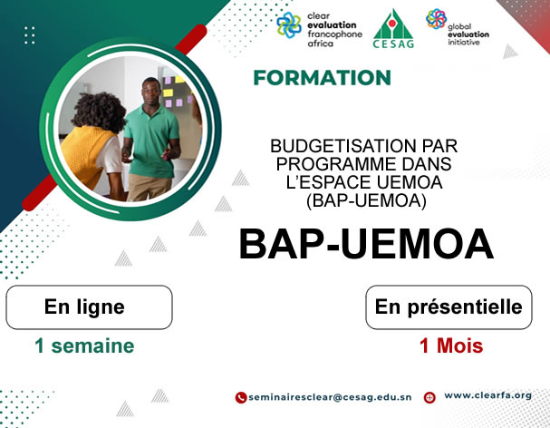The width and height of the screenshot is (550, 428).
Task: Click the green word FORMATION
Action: coord(323,78)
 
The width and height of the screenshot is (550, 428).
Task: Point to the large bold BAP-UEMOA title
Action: coord(365,245)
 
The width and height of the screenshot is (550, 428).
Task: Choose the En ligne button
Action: coord(89,307)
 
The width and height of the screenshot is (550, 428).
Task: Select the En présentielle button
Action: coord(449,307)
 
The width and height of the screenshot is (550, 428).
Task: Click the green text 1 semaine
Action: coord(84,345)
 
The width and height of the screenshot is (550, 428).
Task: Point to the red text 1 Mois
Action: coord(450,345)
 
